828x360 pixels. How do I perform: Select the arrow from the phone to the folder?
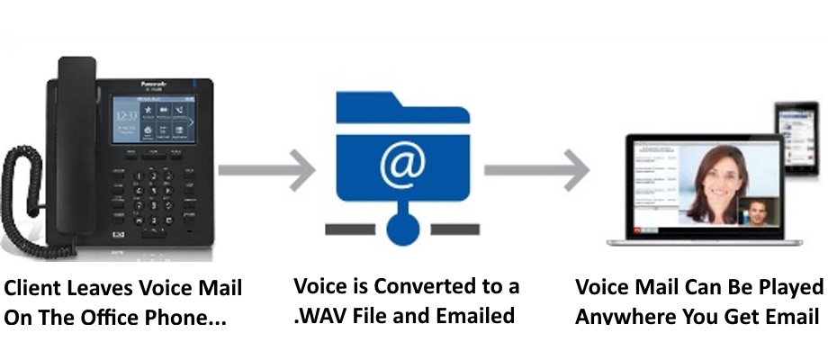pyautogui.click(x=266, y=168)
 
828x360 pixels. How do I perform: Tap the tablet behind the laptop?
pyautogui.click(x=796, y=139)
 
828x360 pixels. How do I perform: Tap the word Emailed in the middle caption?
pyautogui.click(x=482, y=317)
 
